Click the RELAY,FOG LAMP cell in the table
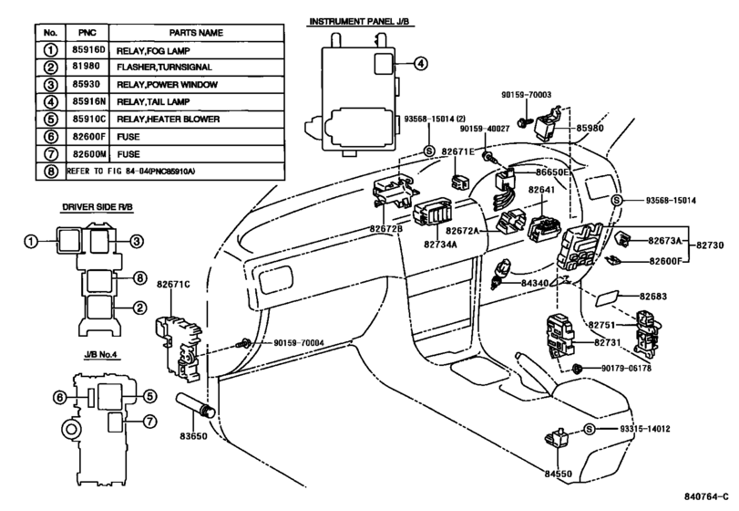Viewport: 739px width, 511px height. pyautogui.click(x=153, y=50)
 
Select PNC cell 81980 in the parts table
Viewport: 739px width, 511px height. pyautogui.click(x=87, y=67)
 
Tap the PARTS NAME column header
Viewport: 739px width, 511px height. pyautogui.click(x=196, y=33)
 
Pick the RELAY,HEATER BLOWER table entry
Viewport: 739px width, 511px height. pyautogui.click(x=169, y=119)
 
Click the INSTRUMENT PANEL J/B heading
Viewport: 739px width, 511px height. pyautogui.click(x=359, y=21)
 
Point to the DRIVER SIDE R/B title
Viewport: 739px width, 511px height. pyautogui.click(x=98, y=206)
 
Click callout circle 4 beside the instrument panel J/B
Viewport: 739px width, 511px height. pyautogui.click(x=420, y=63)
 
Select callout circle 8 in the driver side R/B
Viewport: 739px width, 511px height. pyautogui.click(x=139, y=278)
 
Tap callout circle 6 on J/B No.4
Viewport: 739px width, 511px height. pyautogui.click(x=60, y=397)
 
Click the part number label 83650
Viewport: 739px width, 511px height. pyautogui.click(x=193, y=436)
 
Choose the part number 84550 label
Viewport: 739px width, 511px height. pyautogui.click(x=558, y=474)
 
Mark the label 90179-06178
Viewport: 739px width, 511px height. pyautogui.click(x=626, y=368)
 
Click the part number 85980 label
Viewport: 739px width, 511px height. pyautogui.click(x=590, y=128)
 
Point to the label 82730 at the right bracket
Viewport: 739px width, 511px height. pyautogui.click(x=710, y=245)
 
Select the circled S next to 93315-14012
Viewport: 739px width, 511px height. pyautogui.click(x=590, y=429)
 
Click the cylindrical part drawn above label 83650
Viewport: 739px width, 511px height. pyautogui.click(x=196, y=406)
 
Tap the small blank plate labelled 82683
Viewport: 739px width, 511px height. pyautogui.click(x=606, y=298)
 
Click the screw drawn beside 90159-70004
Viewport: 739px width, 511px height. pyautogui.click(x=244, y=343)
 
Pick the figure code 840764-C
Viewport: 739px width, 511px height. pyautogui.click(x=706, y=496)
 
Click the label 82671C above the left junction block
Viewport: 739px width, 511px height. pyautogui.click(x=173, y=284)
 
